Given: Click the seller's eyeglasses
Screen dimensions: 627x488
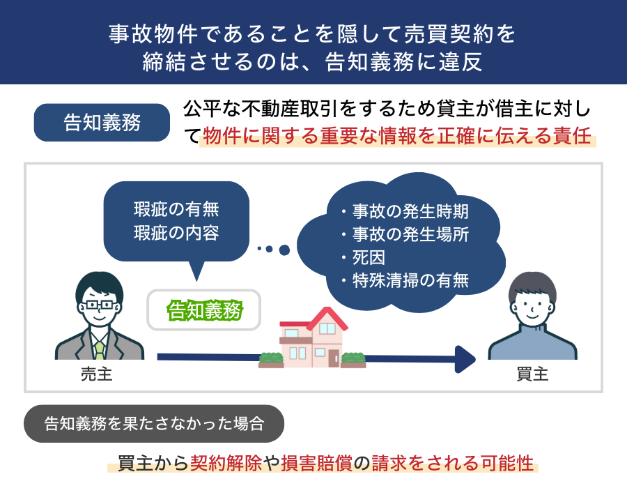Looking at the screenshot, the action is tap(100, 305).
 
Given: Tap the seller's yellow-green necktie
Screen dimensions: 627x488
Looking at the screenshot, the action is tap(99, 350).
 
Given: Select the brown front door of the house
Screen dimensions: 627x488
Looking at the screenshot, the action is tap(334, 358).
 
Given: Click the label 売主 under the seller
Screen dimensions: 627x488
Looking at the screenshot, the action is tap(96, 375).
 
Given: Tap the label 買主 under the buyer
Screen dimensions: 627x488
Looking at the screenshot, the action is tap(532, 375).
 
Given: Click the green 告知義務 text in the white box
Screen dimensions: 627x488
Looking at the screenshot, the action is tap(204, 310).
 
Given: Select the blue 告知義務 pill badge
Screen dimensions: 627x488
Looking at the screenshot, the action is tap(102, 123).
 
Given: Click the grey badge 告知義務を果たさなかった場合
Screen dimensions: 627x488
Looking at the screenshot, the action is tap(154, 424).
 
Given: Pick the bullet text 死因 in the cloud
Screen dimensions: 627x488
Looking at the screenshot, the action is tap(369, 258).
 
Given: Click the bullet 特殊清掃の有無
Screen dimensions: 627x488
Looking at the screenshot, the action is tap(410, 280).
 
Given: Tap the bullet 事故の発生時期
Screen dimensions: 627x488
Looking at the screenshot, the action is tap(410, 211).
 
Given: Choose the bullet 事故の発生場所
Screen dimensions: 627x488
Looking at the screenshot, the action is tap(410, 234).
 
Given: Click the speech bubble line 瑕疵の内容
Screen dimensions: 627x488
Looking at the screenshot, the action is tap(176, 233).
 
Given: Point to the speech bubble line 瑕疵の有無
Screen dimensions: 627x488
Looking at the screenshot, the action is tap(176, 209).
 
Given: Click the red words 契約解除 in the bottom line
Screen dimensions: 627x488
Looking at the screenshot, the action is tap(226, 463).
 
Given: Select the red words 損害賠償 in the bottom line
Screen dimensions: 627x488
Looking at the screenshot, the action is tap(317, 463).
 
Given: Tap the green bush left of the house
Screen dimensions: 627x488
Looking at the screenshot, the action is tap(272, 358).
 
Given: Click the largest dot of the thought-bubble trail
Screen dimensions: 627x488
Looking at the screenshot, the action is tap(284, 250).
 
